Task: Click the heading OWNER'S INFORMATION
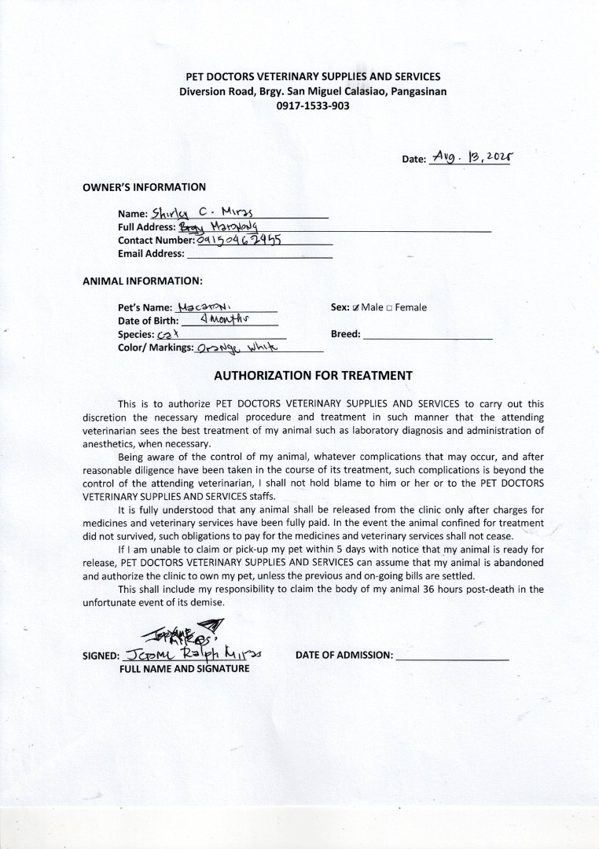(x=144, y=187)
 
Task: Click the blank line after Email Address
(x=259, y=254)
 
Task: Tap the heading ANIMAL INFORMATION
(x=142, y=281)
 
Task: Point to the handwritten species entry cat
(x=169, y=334)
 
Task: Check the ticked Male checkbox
(x=356, y=307)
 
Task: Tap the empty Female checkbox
(x=390, y=307)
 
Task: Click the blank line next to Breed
(x=428, y=334)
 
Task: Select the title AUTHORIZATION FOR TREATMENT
(x=313, y=375)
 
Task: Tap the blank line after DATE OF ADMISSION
(x=452, y=655)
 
